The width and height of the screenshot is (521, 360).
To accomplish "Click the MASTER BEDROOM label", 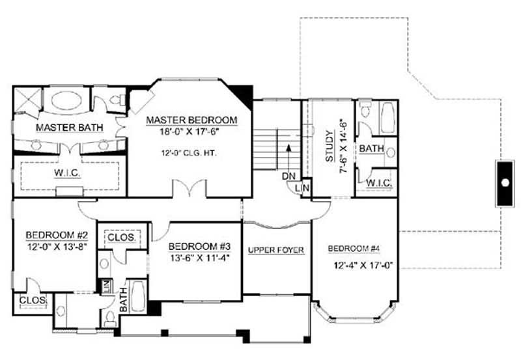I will tap(191, 120).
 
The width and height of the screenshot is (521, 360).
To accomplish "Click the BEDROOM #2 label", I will tap(52, 235).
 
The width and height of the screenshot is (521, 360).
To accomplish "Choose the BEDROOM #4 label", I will tap(354, 249).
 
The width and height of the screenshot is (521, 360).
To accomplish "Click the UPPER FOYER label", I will tap(277, 251).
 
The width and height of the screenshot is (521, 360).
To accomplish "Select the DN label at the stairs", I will tap(289, 176).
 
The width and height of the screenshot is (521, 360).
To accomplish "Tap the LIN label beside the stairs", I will tap(304, 188).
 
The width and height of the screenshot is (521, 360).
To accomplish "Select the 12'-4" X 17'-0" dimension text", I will tap(363, 265).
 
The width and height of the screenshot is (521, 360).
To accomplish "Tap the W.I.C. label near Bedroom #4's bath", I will tap(378, 184).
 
